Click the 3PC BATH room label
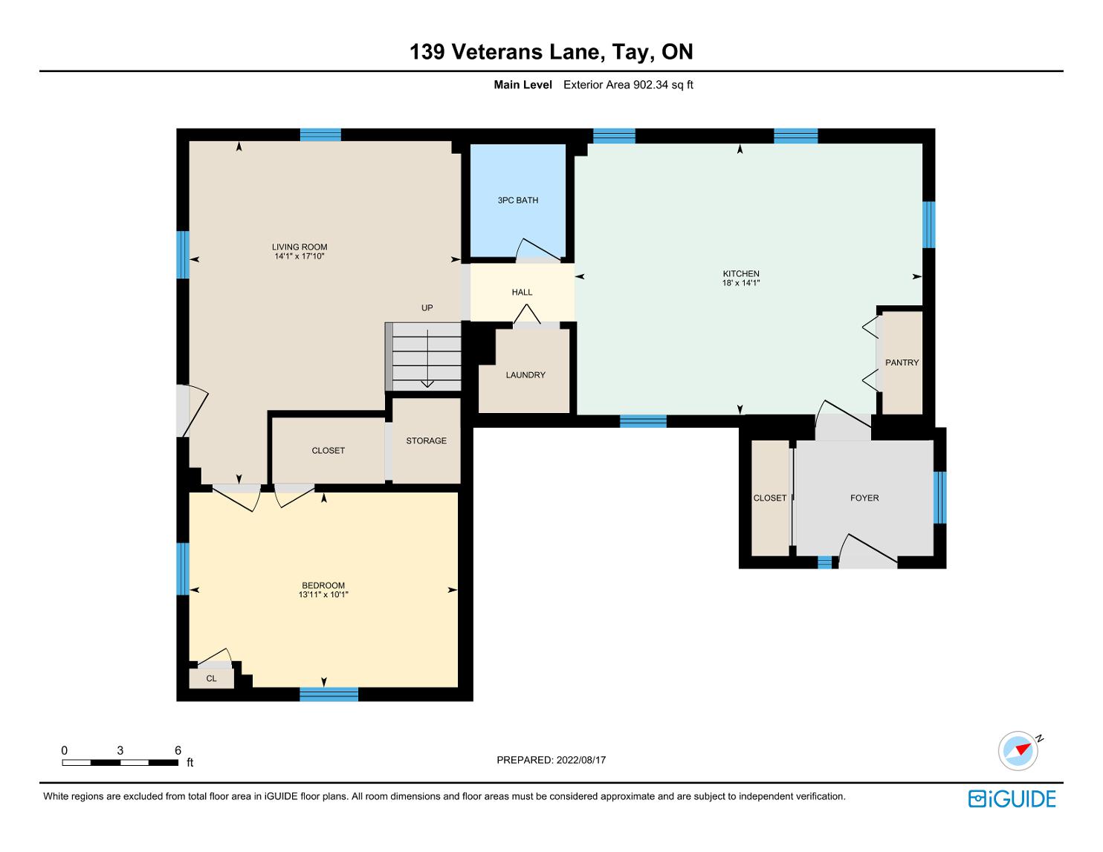[x=518, y=201]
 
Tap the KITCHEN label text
[x=741, y=274]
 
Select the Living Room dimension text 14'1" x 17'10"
[x=300, y=256]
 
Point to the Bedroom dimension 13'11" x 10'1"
[x=323, y=594]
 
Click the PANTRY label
[x=902, y=362]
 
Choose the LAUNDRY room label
[x=525, y=375]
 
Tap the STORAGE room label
[x=427, y=440]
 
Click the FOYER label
[x=864, y=498]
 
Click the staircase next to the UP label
[x=423, y=357]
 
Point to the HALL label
[x=522, y=292]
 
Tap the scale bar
[x=120, y=762]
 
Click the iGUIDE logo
[x=1012, y=799]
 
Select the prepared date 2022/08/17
[x=581, y=760]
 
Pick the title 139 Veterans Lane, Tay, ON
[x=551, y=52]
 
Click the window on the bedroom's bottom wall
[x=329, y=695]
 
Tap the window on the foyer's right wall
[x=939, y=498]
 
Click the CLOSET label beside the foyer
[x=769, y=498]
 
